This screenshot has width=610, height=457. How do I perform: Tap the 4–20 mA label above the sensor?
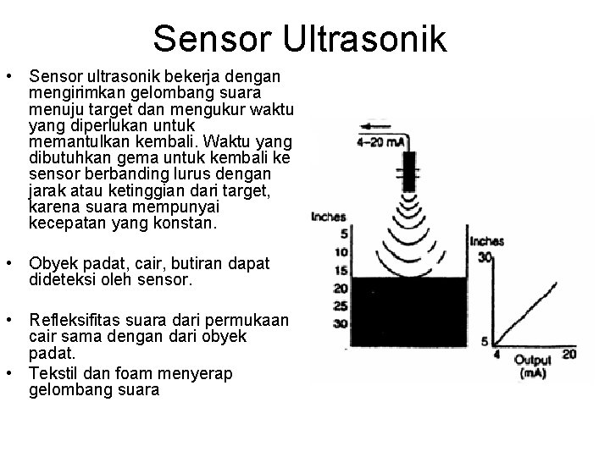point(381,141)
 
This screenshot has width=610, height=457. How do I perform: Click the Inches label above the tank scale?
point(329,217)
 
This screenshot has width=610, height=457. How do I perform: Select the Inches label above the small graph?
point(486,241)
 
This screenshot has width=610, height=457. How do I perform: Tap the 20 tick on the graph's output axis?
point(569,354)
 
